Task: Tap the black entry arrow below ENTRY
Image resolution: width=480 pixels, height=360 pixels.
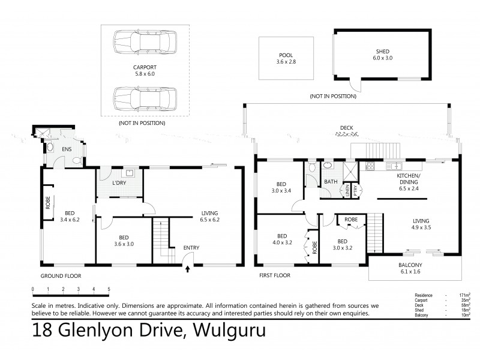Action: point(190,269)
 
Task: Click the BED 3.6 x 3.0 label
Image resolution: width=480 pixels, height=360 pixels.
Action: point(124,241)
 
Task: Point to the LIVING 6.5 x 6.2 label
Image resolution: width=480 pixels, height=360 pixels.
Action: point(209,217)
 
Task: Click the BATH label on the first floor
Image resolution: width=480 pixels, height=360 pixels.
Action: point(331,182)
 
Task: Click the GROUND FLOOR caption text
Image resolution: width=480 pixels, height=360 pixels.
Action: point(61,276)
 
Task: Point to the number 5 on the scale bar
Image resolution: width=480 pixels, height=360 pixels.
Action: point(109,289)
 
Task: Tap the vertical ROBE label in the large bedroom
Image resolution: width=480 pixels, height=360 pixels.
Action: point(47,203)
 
